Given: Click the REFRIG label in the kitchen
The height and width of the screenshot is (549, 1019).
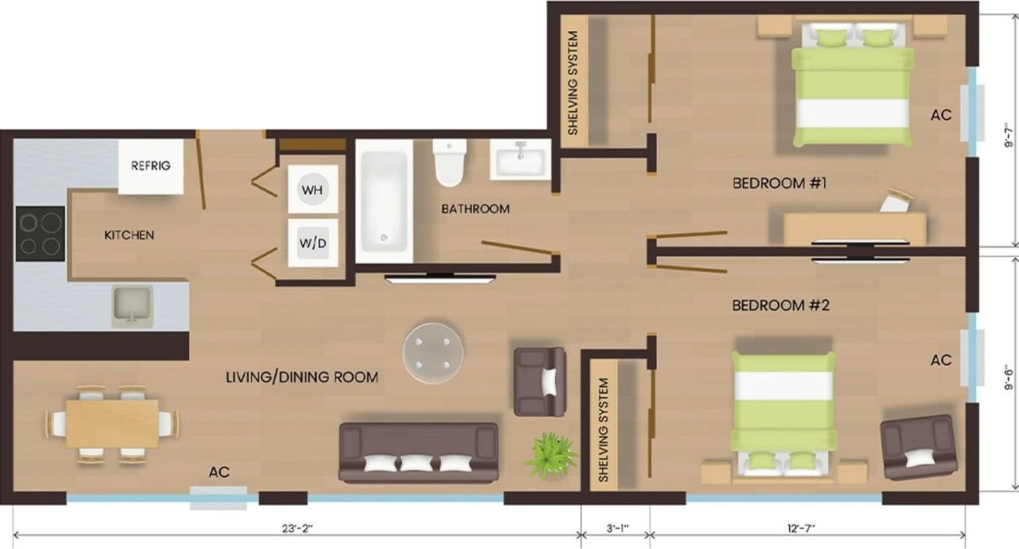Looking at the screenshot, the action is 150,165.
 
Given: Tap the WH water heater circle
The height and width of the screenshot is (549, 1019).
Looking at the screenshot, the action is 313,189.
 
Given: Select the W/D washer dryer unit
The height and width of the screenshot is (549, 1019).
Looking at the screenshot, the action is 313,243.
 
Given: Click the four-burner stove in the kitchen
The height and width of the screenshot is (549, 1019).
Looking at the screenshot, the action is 41,234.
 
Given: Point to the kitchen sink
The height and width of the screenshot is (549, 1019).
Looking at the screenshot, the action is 132,306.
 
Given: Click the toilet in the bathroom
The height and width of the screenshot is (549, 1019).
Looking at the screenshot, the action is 450,162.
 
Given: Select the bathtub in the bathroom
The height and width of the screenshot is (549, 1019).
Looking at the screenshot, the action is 384,201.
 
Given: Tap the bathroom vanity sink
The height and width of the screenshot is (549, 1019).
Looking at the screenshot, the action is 521,159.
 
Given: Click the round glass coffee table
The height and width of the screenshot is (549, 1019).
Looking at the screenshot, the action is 433,353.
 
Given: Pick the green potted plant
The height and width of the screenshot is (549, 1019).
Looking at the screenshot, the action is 551,455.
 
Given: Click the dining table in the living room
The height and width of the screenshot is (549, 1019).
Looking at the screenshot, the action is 112,423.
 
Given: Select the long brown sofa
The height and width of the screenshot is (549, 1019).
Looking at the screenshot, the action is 419,452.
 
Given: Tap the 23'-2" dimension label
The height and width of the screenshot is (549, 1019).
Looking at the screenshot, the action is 298,528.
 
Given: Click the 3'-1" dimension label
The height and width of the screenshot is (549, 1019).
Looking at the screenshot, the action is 617,528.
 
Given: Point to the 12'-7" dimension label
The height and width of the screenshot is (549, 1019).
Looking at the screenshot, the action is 801,528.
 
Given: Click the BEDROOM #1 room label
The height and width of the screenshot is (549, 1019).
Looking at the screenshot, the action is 779,183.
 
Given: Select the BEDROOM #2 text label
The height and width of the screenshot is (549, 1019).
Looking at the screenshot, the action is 781,305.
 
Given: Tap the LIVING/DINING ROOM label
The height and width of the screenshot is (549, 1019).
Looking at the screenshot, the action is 302,377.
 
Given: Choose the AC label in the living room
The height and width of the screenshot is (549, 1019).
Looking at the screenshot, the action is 219,472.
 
